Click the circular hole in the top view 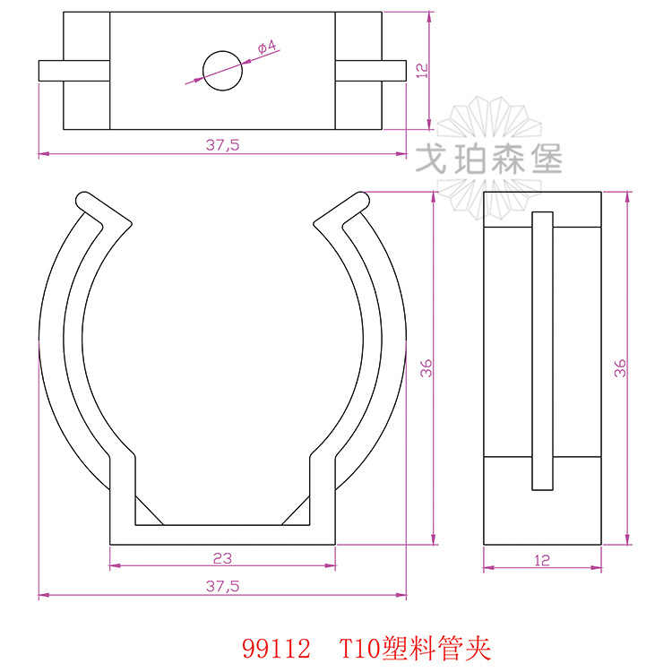(223, 70)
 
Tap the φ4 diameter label (266, 48)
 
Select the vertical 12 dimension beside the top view (420, 71)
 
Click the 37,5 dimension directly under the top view (222, 144)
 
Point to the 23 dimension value (222, 557)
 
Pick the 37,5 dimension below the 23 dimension (222, 585)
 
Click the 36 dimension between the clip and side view (426, 367)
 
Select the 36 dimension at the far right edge (620, 367)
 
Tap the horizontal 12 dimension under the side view (541, 560)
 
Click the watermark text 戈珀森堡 (490, 160)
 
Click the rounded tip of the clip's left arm (84, 199)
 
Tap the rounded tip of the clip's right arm (362, 199)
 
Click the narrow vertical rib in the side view (542, 349)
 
